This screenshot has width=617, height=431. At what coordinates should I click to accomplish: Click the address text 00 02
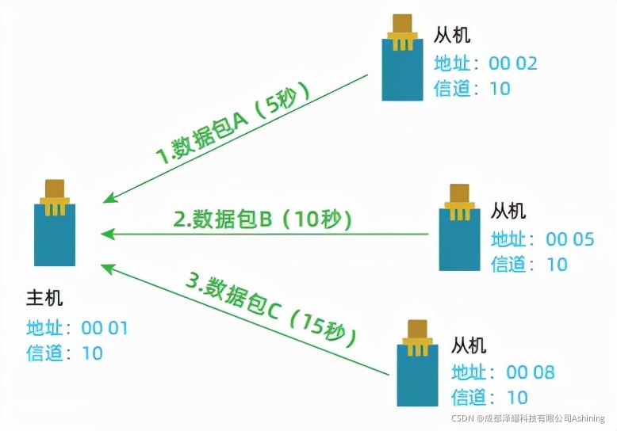[x=514, y=63]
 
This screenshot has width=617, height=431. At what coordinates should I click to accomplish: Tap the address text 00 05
[x=570, y=238]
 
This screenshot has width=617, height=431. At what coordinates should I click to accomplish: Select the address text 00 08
[x=531, y=372]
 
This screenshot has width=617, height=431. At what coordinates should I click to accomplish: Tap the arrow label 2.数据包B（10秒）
[x=262, y=219]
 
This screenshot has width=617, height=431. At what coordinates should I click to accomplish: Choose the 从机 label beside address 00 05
[x=508, y=211]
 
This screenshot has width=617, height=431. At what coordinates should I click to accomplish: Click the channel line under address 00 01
[x=65, y=353]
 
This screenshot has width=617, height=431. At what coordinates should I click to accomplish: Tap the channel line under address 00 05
[x=529, y=264]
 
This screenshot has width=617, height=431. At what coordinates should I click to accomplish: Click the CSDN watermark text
[x=528, y=418]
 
